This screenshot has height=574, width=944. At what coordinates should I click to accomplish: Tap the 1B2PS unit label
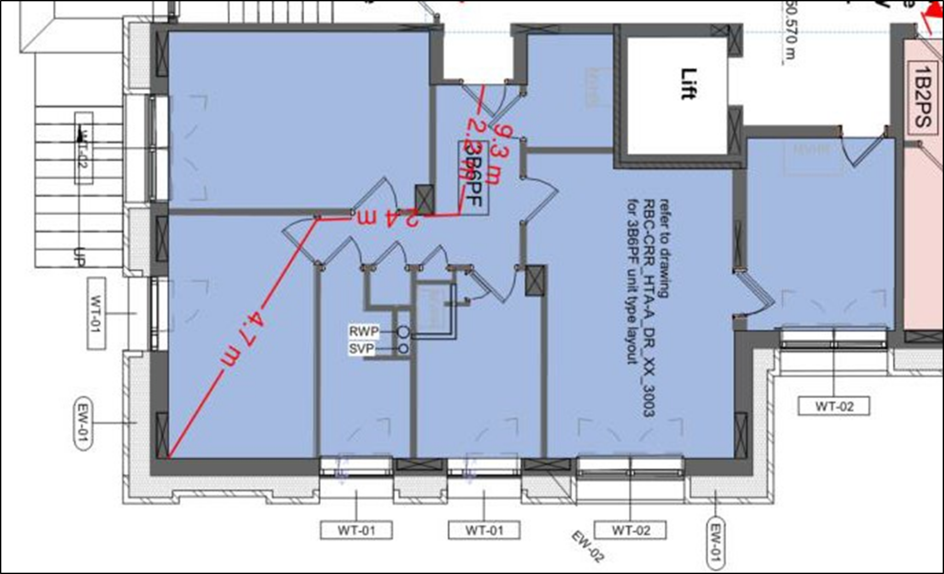923,97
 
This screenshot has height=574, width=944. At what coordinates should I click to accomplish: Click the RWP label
364,331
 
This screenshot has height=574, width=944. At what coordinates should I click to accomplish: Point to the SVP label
361,349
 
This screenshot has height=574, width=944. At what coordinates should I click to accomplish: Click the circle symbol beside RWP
403,331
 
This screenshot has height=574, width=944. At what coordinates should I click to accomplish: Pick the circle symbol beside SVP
403,349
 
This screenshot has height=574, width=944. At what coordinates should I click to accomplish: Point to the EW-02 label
587,547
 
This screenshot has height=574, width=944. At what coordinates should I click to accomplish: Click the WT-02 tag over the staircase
83,148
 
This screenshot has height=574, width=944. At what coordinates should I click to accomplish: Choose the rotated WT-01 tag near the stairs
96,313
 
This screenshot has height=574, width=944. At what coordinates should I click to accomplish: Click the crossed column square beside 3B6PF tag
425,199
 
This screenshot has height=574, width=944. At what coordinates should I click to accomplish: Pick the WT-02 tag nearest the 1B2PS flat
834,407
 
